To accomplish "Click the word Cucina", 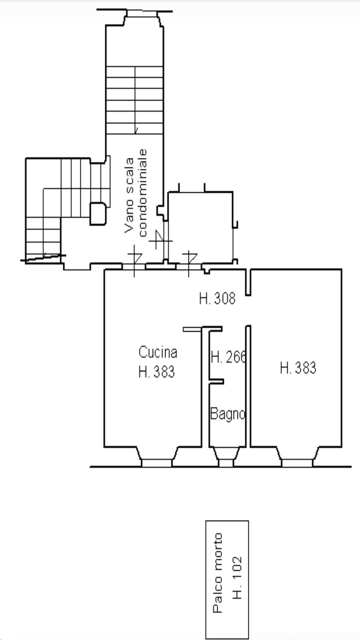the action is click(158, 352).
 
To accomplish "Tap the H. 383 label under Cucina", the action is click(156, 372).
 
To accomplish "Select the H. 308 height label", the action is click(217, 298).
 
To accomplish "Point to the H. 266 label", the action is click(228, 357).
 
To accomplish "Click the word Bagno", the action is click(228, 414).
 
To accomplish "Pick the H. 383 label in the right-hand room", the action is click(298, 368).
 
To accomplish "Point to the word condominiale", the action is click(142, 193).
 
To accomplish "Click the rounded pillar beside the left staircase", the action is click(98, 214).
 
